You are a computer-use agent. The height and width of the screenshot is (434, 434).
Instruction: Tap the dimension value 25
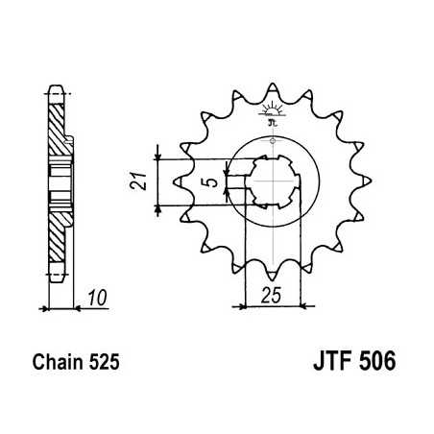click(273, 297)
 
